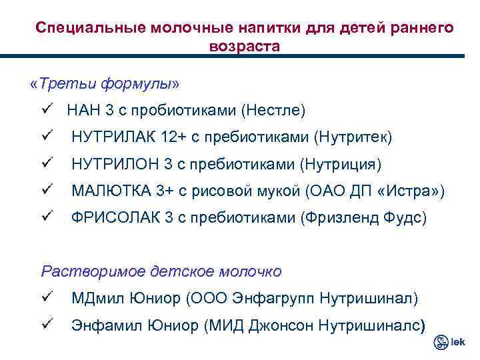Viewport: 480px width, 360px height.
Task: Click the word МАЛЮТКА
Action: click(x=111, y=191)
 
